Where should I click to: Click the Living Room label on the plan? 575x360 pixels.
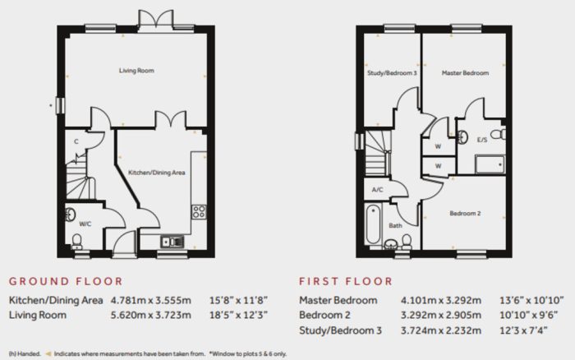136,71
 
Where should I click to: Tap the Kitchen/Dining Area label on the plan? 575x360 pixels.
157,173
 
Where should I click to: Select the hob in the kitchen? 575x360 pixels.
199,212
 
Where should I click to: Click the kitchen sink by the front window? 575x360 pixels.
172,242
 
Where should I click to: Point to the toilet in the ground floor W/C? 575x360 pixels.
77,242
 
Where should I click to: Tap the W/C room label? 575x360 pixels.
85,224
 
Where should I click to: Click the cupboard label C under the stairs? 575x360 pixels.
76,141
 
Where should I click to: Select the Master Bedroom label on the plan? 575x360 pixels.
465,73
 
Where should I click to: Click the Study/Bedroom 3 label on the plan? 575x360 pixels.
392,73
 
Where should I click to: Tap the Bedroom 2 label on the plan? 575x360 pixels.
465,213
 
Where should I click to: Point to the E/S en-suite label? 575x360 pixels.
482,140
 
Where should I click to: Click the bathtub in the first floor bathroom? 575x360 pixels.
373,225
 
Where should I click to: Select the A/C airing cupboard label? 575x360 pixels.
377,190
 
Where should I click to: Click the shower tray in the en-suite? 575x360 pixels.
490,164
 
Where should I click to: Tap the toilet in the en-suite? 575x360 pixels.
499,134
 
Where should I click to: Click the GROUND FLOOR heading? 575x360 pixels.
66,281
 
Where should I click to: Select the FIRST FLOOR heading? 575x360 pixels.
346,281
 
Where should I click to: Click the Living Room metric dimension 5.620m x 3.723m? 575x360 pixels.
150,316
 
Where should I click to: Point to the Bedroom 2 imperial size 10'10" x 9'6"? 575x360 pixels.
528,316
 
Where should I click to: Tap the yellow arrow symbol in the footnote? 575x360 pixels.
48,354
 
